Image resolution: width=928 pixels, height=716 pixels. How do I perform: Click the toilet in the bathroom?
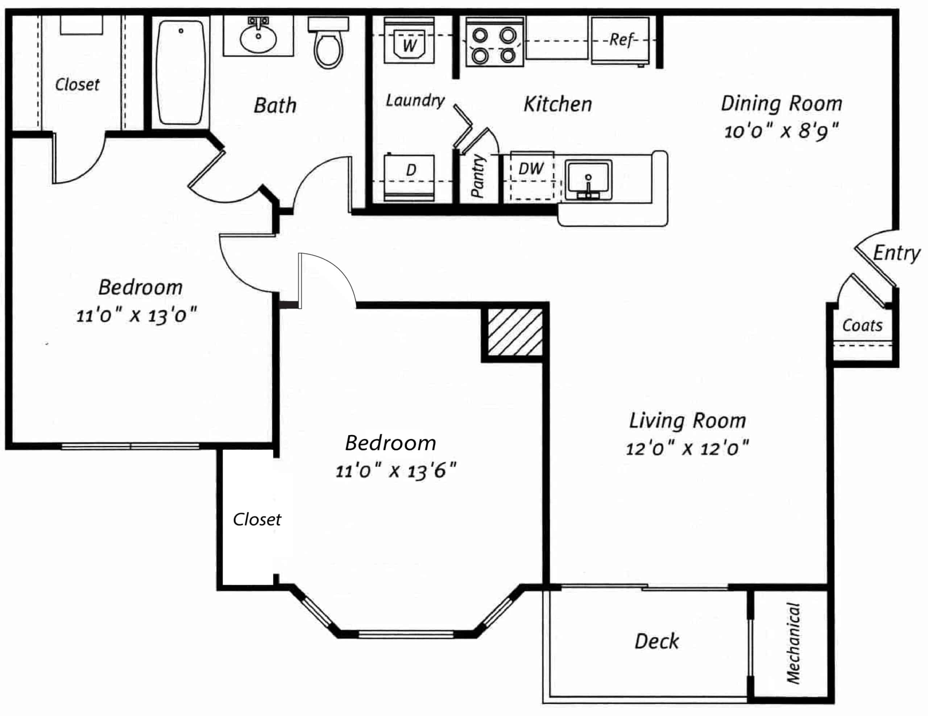tap(328, 42)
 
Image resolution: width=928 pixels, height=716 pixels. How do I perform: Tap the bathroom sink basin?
tap(258, 37)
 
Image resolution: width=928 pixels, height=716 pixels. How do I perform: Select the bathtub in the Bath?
tap(181, 72)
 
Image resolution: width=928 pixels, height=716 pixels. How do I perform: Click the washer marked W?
tap(409, 40)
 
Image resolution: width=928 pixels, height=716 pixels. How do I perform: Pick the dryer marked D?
tap(409, 177)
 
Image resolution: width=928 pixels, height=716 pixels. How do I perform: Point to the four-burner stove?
tap(494, 42)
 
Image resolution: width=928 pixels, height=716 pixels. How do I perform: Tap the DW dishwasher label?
tap(531, 169)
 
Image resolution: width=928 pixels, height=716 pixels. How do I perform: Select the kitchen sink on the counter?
tap(588, 180)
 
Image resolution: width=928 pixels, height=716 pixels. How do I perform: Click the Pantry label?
tap(478, 176)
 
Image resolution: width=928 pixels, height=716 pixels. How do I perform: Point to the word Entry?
tap(896, 254)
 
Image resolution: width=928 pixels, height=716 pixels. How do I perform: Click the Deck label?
tap(656, 641)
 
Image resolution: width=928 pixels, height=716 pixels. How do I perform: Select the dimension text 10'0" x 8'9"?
tap(782, 130)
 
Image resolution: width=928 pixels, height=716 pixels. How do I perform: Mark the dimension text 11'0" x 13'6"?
tap(395, 471)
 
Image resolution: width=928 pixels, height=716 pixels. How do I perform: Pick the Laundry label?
tap(415, 100)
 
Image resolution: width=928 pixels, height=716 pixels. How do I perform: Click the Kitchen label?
tap(558, 104)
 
